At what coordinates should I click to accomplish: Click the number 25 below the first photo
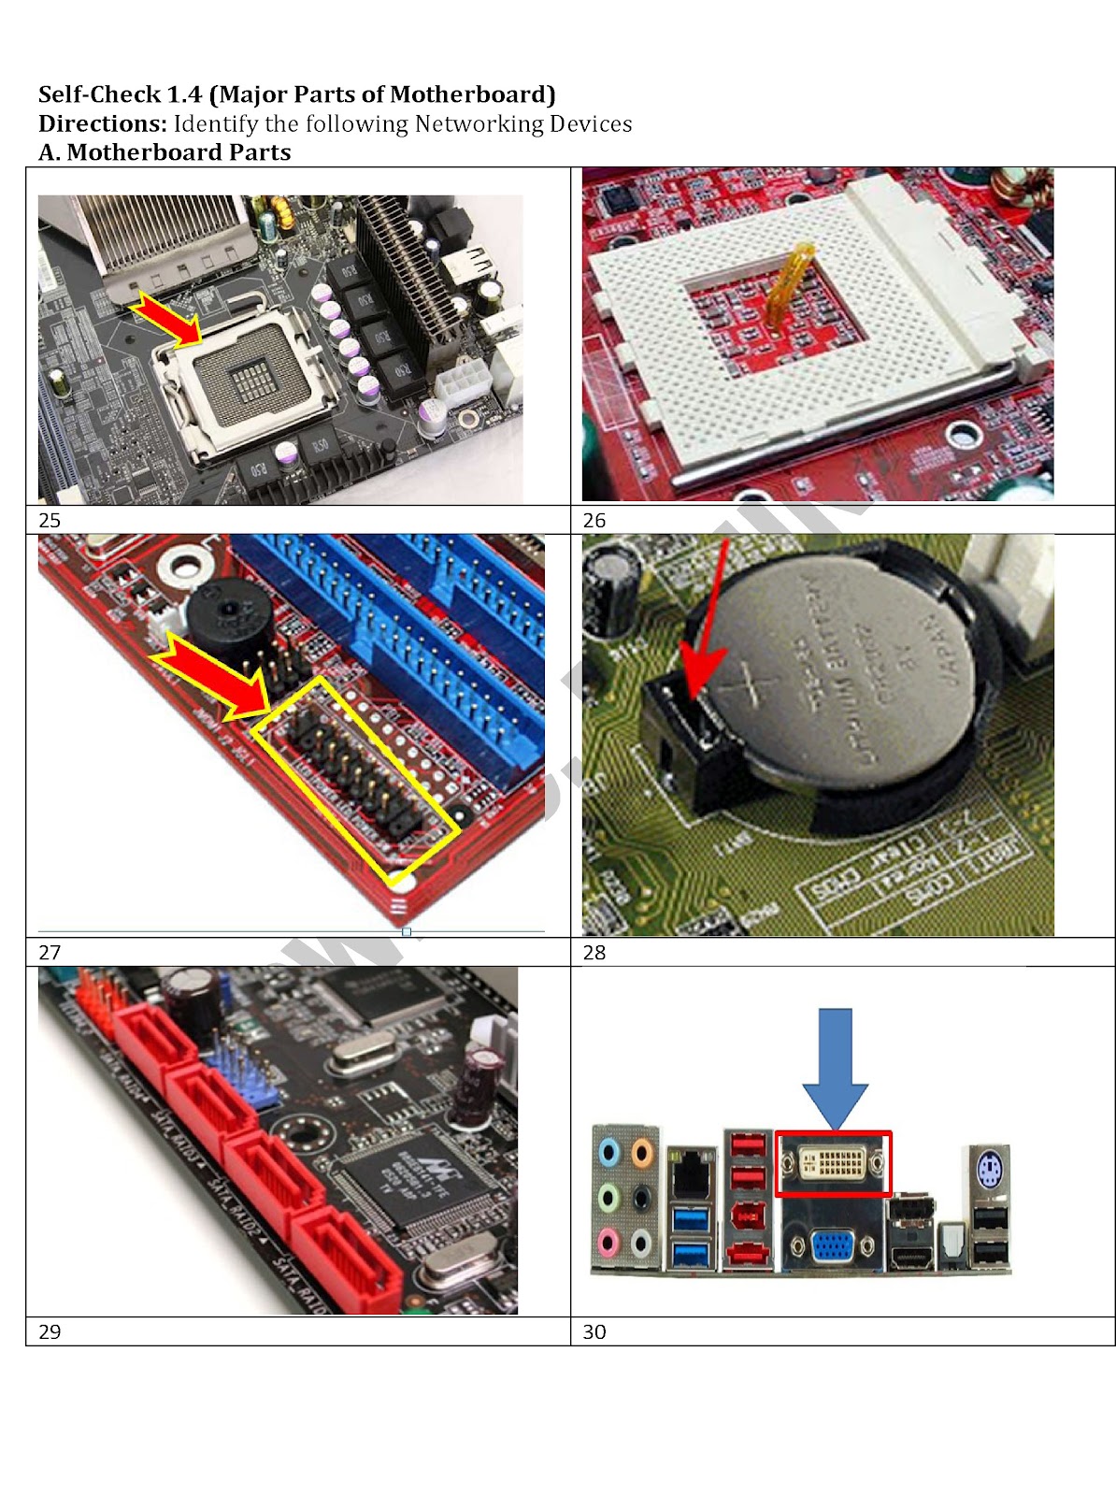click(50, 521)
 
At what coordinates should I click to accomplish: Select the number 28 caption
click(594, 953)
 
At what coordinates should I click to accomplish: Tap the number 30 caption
click(594, 1331)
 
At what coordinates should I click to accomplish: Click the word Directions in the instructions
click(102, 123)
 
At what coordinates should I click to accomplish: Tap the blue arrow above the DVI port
click(835, 1066)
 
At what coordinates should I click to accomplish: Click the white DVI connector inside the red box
click(833, 1164)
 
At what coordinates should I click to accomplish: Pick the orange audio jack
click(642, 1152)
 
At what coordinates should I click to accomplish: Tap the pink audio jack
click(608, 1244)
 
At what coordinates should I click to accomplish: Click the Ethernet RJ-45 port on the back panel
click(691, 1170)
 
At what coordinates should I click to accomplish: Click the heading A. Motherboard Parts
click(165, 152)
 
